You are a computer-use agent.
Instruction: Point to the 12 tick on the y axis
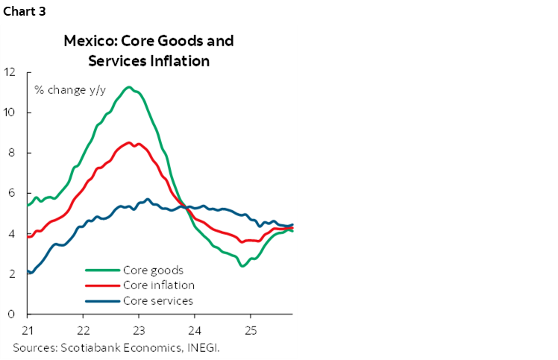coord(10,72)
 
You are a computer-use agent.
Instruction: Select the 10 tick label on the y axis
coord(10,113)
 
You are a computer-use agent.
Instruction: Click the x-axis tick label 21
coord(28,329)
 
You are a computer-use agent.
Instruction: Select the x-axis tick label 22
coord(84,329)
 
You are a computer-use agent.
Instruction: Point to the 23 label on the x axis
coord(139,329)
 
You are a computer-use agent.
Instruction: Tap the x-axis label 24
coord(195,329)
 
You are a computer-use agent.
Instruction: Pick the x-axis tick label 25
coord(251,329)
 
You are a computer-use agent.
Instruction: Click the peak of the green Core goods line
coord(130,87)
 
